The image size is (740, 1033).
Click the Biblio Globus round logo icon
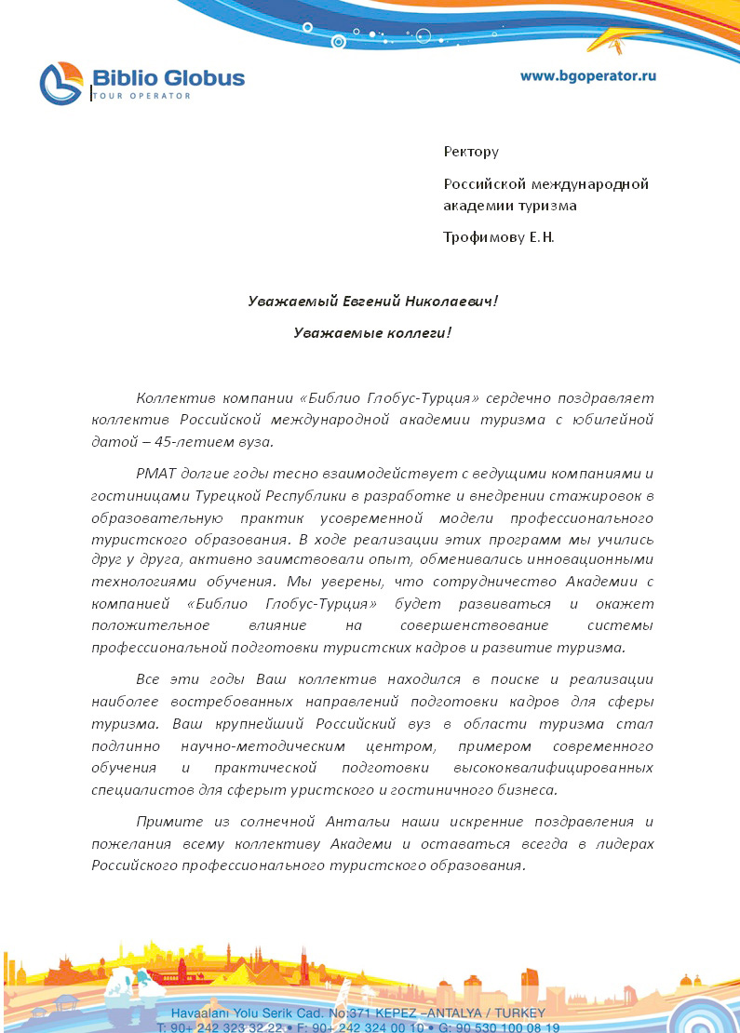tap(62, 83)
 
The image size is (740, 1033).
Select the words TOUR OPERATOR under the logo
tap(141, 96)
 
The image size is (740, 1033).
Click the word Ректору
tap(471, 152)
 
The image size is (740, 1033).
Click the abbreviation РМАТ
tap(157, 473)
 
